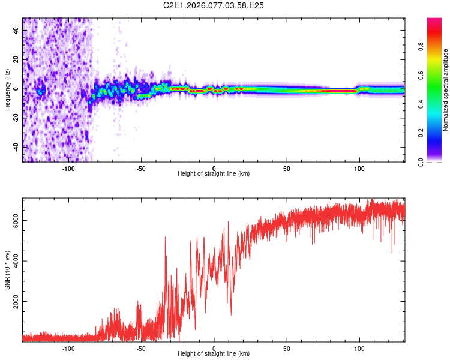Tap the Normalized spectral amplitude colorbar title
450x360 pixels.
click(446, 90)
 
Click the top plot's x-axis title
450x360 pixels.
click(214, 174)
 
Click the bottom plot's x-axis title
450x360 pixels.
click(214, 354)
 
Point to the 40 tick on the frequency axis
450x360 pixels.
click(16, 31)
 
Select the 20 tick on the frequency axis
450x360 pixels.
click(16, 60)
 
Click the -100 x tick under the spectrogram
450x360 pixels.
click(68, 167)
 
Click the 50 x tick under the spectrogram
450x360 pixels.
click(287, 167)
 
